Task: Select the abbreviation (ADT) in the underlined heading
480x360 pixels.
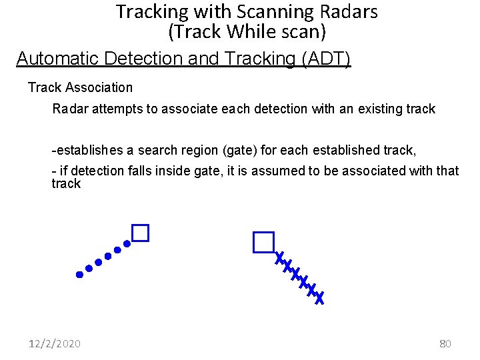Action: pyautogui.click(x=326, y=59)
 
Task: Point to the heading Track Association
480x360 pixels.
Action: pyautogui.click(x=80, y=87)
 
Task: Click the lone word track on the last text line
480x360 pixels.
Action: pyautogui.click(x=65, y=183)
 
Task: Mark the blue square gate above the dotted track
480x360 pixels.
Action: pyautogui.click(x=140, y=233)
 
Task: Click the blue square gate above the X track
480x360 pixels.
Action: pyautogui.click(x=264, y=242)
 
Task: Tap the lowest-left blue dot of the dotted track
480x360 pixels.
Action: pyautogui.click(x=79, y=273)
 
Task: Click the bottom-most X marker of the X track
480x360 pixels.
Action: pyautogui.click(x=319, y=298)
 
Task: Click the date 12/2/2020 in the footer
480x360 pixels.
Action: pyautogui.click(x=55, y=344)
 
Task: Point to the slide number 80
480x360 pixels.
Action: pyautogui.click(x=445, y=344)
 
